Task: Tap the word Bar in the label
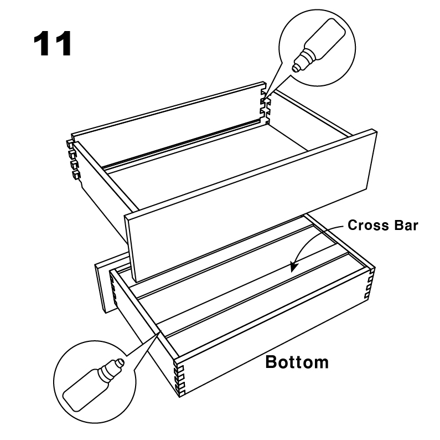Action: tap(406, 225)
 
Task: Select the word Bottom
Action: tap(297, 362)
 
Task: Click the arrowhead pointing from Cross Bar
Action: tap(293, 266)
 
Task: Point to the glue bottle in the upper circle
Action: tap(319, 45)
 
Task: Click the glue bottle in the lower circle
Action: tap(93, 385)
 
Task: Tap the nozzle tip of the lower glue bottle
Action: tap(121, 362)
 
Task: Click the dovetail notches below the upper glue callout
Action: tap(265, 107)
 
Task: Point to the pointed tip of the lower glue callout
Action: tap(161, 331)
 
